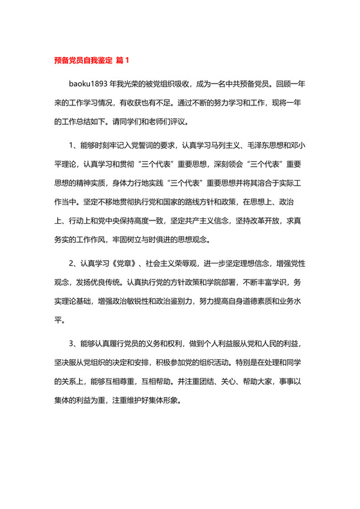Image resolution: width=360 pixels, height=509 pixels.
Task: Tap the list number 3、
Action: click(x=74, y=344)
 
